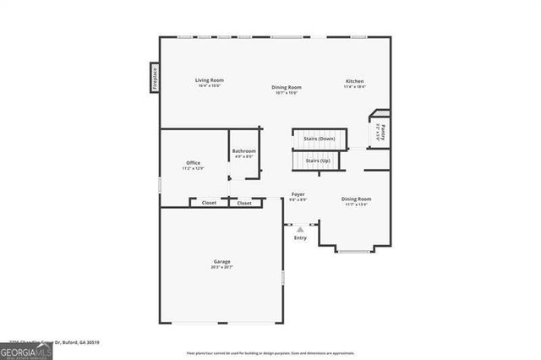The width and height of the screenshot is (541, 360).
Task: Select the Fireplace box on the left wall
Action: (155, 79)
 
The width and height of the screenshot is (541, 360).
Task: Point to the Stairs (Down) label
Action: (320, 138)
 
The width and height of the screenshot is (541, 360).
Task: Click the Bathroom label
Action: (243, 151)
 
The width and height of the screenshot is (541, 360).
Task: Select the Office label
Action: (193, 162)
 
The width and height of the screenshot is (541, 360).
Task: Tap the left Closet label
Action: (209, 203)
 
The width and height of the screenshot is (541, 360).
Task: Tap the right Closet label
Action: (244, 203)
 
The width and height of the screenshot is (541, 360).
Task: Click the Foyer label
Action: (298, 194)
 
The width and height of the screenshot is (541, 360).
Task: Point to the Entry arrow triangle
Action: (299, 229)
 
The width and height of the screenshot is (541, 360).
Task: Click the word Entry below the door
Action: (300, 237)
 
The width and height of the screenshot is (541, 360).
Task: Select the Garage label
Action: (221, 262)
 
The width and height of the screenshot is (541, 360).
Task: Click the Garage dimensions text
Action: (221, 267)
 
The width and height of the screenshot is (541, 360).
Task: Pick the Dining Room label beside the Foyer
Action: (357, 199)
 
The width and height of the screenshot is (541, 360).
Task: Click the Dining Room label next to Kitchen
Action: (287, 87)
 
